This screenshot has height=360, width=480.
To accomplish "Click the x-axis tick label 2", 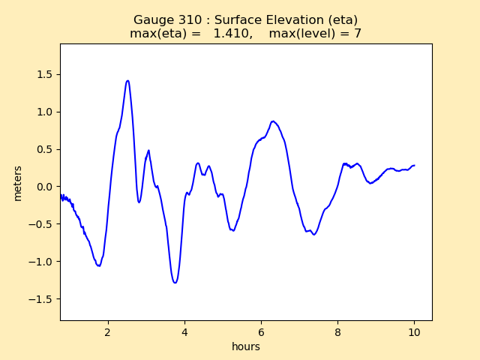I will click(x=108, y=331).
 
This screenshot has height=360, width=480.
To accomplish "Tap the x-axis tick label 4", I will click(x=184, y=331).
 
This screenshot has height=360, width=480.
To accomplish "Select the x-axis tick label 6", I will click(x=261, y=331).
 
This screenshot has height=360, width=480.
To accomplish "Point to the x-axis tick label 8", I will click(x=337, y=331).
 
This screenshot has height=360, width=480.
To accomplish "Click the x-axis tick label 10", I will click(x=414, y=331).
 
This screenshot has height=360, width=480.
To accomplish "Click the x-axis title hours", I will click(x=246, y=346).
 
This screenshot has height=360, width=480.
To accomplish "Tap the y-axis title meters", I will click(x=18, y=182).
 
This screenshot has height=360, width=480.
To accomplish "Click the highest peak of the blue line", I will click(x=127, y=81).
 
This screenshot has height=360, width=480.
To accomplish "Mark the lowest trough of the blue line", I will click(x=175, y=283).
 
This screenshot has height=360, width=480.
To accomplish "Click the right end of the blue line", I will click(x=414, y=166).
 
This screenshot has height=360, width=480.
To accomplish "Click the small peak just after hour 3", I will click(x=148, y=151).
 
